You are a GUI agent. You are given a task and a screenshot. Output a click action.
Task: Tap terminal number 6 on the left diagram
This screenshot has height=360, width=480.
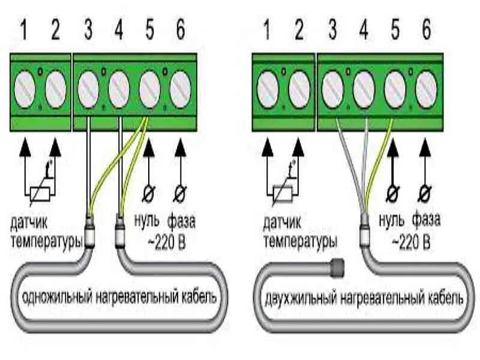tap(179, 30)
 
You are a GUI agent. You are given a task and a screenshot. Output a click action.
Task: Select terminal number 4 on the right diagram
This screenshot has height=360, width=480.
tap(362, 30)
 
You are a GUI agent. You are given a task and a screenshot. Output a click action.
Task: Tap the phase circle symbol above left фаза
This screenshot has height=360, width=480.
tap(179, 194)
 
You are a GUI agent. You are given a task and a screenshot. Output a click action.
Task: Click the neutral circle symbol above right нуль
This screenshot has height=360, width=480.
tap(393, 194)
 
